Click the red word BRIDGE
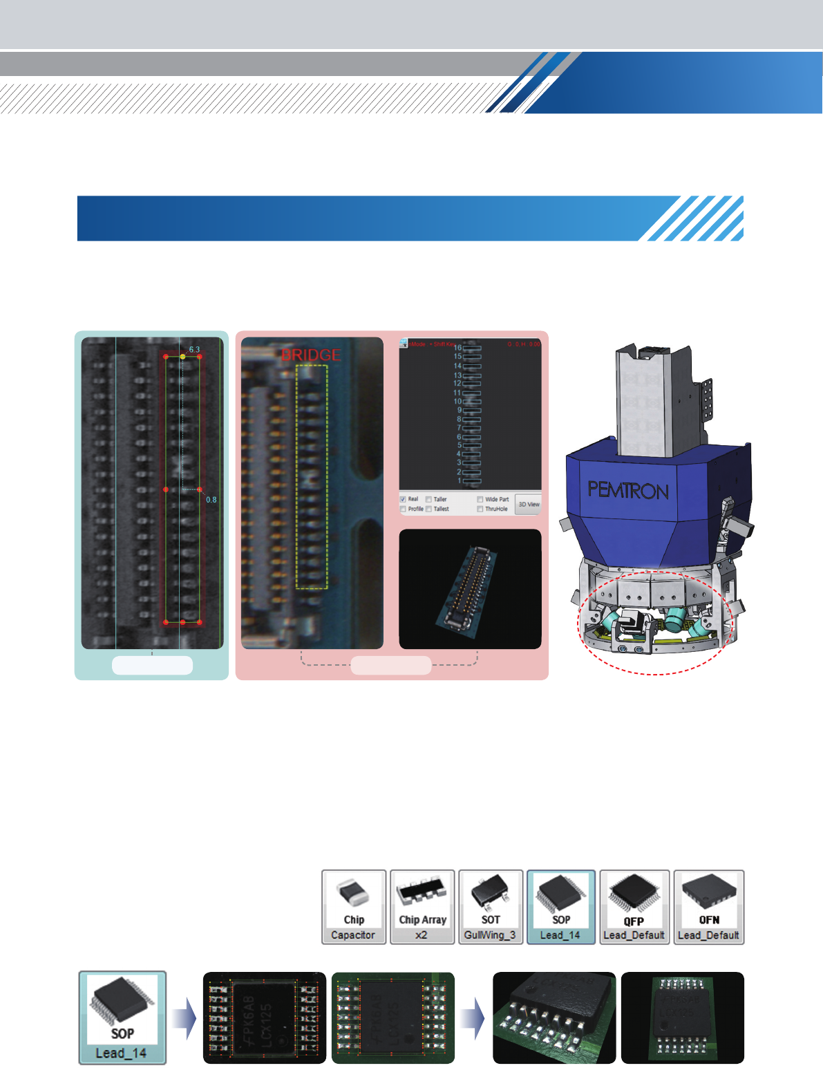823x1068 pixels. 311,355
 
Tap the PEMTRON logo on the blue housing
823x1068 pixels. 627,491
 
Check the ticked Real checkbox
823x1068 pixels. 403,499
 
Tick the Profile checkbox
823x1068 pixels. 403,509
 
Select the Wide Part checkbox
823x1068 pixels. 480,499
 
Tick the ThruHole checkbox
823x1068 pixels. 480,509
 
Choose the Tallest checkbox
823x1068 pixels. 429,509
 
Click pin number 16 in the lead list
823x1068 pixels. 457,348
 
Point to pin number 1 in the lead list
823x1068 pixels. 460,480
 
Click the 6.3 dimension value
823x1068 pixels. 194,350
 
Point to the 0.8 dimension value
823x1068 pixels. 211,500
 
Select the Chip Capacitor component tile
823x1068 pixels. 354,907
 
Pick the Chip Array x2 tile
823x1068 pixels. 422,907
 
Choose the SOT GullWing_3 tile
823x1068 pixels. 491,907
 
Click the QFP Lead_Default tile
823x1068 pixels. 634,907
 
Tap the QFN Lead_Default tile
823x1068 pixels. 709,907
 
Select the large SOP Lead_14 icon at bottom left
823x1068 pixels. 122,1018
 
